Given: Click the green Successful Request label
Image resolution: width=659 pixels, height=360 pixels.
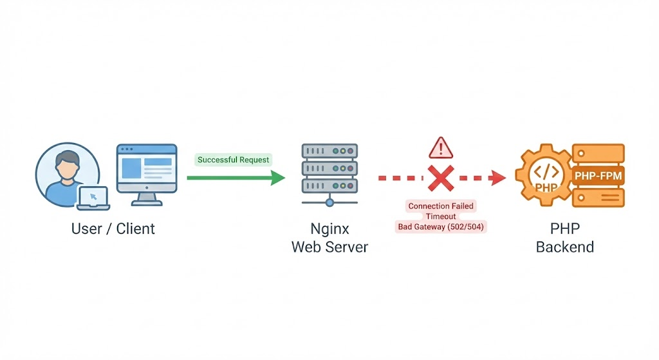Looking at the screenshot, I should (234, 160).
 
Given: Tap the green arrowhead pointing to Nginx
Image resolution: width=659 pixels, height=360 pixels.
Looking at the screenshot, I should (277, 177).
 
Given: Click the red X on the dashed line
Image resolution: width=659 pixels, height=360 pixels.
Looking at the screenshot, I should (441, 177).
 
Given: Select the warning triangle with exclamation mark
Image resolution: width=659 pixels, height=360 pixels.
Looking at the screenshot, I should (441, 148).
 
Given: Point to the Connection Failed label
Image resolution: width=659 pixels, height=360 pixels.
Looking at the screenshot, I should (441, 206).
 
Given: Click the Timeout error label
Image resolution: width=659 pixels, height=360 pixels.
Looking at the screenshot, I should (441, 216).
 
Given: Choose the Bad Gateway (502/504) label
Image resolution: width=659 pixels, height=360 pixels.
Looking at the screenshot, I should (441, 227).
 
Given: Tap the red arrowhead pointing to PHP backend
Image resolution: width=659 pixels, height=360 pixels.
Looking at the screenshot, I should (498, 177).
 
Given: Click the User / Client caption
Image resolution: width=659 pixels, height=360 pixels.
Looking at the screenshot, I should (113, 229).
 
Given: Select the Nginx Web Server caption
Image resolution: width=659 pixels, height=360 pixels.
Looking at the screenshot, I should (329, 238).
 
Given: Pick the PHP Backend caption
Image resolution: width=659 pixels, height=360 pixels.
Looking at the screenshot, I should (564, 238).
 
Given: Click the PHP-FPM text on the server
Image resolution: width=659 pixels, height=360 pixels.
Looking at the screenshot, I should (599, 175).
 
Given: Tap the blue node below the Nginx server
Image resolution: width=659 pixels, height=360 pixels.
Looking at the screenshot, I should (329, 203).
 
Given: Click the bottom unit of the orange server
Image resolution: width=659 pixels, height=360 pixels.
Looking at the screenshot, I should (599, 197).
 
